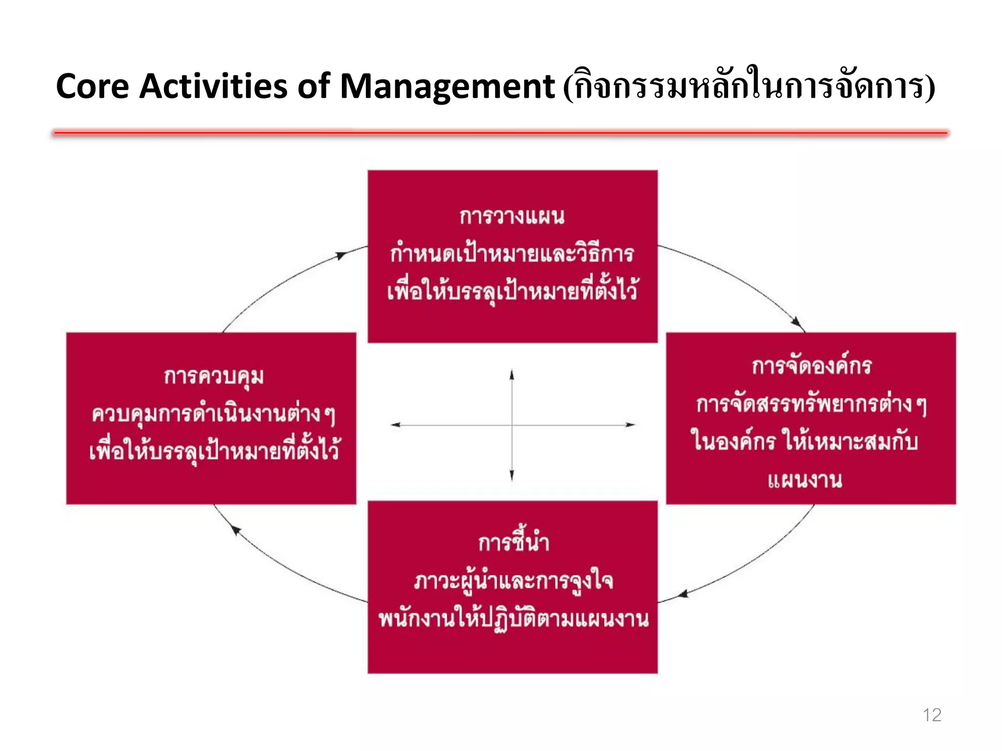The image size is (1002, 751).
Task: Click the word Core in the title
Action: click(x=92, y=87)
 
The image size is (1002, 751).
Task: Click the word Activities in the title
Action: click(x=214, y=87)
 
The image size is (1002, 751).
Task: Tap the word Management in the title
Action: click(x=447, y=87)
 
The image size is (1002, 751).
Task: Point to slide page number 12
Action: click(x=932, y=715)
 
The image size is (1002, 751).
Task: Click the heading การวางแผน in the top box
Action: click(x=512, y=216)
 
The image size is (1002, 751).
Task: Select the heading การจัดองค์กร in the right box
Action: click(x=811, y=366)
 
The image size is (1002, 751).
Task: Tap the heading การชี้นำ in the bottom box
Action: click(x=513, y=542)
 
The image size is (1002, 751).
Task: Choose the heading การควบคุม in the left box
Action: click(x=214, y=377)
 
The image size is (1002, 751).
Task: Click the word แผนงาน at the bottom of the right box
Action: click(x=805, y=480)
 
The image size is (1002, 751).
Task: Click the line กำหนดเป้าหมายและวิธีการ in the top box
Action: click(x=512, y=254)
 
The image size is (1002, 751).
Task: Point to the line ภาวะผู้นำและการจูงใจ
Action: click(x=513, y=581)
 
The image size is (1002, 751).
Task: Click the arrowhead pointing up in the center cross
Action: click(x=512, y=375)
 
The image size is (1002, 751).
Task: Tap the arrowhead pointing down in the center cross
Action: click(x=512, y=475)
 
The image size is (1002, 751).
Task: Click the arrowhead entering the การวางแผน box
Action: click(x=342, y=255)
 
